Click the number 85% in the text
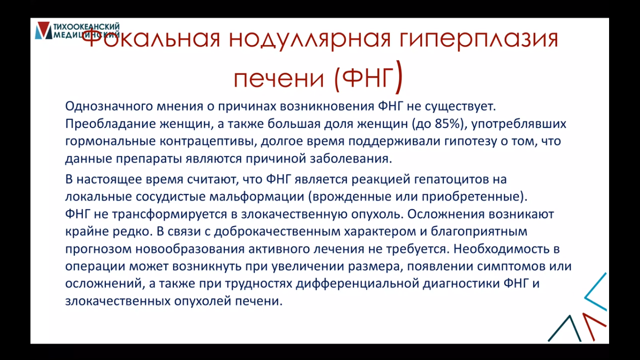coord(447,124)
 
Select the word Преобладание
coord(111,124)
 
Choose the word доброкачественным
coord(277,232)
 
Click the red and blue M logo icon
coord(44,30)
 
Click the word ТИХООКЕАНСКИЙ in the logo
coord(87,26)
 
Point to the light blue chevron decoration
coord(595,292)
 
